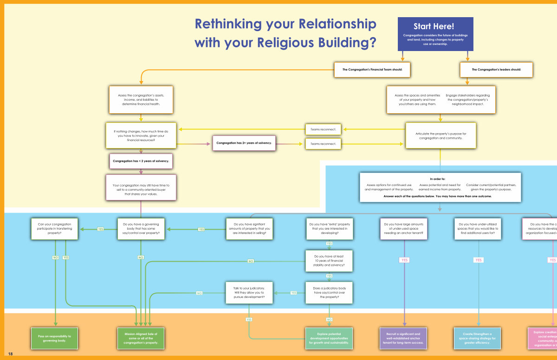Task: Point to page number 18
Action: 10,354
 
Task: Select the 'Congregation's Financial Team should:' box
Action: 373,70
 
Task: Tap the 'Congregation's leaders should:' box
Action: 496,70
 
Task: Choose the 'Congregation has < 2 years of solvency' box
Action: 141,161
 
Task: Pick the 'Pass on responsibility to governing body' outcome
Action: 54,338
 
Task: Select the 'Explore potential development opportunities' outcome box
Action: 329,338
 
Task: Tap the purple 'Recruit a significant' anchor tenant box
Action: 404,338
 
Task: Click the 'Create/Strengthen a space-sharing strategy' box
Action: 478,338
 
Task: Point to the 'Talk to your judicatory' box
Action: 249,293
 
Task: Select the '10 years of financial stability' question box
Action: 329,261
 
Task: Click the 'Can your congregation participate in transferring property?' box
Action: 54,229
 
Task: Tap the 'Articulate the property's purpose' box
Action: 440,135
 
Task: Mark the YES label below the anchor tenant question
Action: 404,260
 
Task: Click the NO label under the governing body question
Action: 141,257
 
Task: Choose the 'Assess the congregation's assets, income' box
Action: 141,99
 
